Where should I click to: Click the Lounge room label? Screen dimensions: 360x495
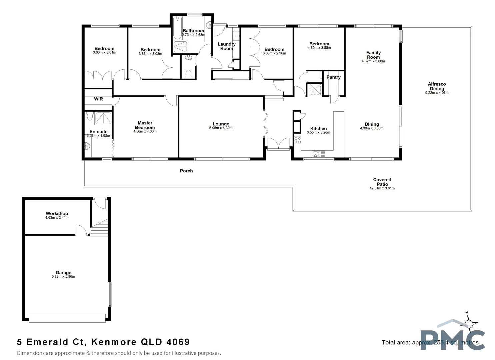[x=221, y=124]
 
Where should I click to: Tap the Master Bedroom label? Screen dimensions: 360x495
[x=145, y=125]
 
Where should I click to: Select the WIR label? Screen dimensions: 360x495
[x=98, y=99]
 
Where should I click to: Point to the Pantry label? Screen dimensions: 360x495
[x=333, y=77]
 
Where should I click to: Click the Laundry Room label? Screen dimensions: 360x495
[x=226, y=46]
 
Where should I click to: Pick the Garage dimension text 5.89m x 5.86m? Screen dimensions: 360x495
[x=63, y=277]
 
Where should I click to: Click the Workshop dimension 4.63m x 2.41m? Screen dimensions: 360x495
[x=57, y=218]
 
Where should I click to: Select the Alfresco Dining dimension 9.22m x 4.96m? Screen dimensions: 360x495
[x=437, y=93]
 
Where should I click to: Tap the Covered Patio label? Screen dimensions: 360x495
[x=382, y=182]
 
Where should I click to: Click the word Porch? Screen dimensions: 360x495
[x=186, y=171]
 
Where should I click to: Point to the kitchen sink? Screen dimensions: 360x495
[x=319, y=154]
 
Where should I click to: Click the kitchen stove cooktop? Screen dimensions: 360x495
[x=297, y=140]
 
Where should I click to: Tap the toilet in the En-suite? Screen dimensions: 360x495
[x=89, y=116]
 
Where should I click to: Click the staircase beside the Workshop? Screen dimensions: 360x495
[x=100, y=228]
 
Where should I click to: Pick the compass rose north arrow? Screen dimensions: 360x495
[x=470, y=322]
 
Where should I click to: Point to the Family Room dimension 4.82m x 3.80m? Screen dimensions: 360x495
[x=373, y=61]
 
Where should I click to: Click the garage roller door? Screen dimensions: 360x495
[x=67, y=318]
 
